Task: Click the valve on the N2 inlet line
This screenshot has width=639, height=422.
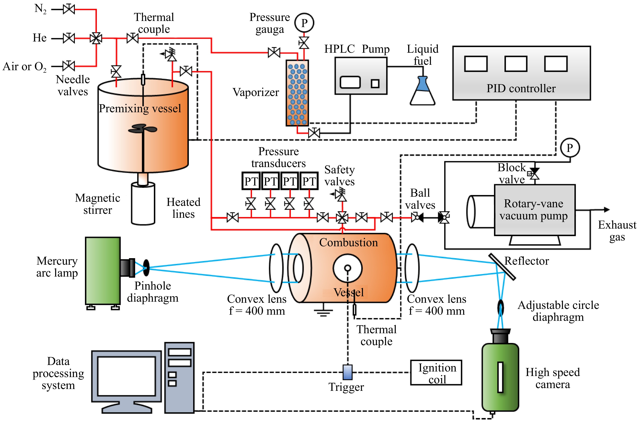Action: tap(69, 9)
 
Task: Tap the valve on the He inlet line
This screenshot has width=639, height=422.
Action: tap(69, 38)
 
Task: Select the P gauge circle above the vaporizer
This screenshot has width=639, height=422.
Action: tap(304, 23)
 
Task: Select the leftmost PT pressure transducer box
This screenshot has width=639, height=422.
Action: tap(251, 181)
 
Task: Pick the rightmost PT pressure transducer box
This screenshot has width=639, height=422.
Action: tap(309, 181)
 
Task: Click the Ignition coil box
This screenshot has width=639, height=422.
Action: tap(436, 373)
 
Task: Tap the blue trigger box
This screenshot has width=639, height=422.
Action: tap(348, 372)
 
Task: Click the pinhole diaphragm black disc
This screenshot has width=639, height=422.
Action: tap(146, 268)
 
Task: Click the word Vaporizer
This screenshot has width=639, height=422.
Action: tap(256, 92)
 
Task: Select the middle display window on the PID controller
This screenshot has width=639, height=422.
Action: tap(515, 64)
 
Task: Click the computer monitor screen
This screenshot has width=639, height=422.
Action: tap(126, 376)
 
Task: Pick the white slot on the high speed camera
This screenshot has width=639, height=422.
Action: tap(500, 377)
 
